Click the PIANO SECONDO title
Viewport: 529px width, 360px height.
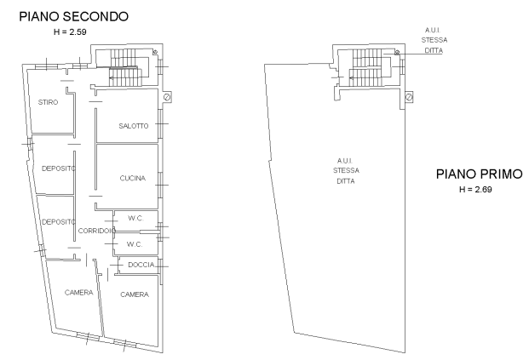(x=73, y=16)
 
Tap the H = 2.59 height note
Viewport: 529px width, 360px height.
(x=70, y=32)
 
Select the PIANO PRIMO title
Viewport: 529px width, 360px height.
(x=479, y=174)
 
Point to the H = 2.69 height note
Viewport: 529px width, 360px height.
(x=475, y=190)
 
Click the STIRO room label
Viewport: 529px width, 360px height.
(x=48, y=102)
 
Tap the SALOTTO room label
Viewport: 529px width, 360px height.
(x=134, y=126)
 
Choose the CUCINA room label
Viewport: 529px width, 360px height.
(x=133, y=178)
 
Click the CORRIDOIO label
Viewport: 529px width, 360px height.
(x=97, y=231)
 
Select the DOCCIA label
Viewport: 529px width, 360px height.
(x=141, y=265)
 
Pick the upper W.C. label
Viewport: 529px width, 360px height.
(x=135, y=218)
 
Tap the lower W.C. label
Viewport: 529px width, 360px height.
(x=135, y=244)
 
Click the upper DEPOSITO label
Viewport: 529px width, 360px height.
(x=59, y=169)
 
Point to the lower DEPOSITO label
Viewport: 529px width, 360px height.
(x=59, y=221)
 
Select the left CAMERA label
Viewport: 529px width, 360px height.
(x=79, y=292)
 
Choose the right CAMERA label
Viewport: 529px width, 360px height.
(x=135, y=294)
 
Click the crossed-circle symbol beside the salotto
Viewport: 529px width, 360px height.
(x=167, y=97)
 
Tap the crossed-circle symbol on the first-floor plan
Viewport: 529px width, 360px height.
(x=409, y=97)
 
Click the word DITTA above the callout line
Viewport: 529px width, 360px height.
(x=434, y=50)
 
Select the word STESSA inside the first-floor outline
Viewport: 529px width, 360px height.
(x=346, y=170)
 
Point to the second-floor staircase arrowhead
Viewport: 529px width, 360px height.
(x=112, y=77)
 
